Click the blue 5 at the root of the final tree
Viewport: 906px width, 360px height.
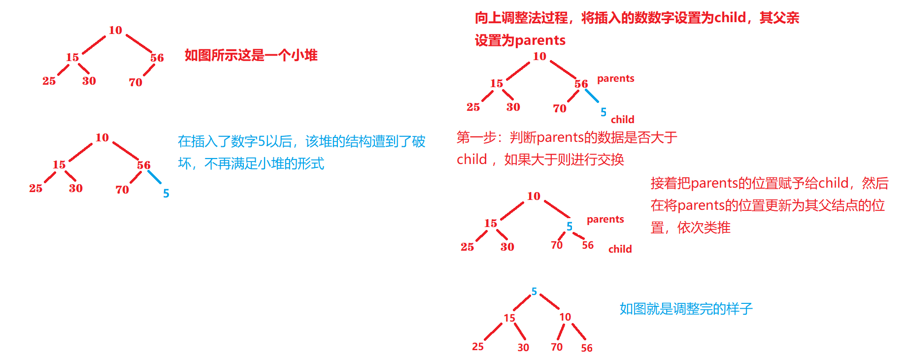[534, 292]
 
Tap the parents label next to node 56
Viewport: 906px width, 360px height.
[615, 79]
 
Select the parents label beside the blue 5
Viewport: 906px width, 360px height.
[605, 220]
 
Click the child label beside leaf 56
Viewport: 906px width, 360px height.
[620, 249]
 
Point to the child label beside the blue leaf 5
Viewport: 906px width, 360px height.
[622, 120]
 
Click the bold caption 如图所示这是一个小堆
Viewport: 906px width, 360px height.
[251, 55]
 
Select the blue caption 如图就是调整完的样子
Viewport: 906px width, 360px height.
[686, 309]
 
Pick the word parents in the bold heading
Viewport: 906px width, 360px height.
[540, 40]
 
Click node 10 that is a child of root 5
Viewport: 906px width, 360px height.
[565, 317]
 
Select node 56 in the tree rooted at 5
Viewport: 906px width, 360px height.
[586, 348]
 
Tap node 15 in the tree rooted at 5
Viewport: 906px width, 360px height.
[509, 318]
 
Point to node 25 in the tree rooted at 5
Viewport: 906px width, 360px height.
[478, 347]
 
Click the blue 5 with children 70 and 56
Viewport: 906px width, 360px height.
[569, 227]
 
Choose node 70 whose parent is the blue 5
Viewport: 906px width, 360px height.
[557, 245]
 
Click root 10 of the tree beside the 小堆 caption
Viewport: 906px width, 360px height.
[115, 31]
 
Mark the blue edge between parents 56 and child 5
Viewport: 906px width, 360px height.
[592, 96]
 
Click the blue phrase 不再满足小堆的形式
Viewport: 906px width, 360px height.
[264, 164]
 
